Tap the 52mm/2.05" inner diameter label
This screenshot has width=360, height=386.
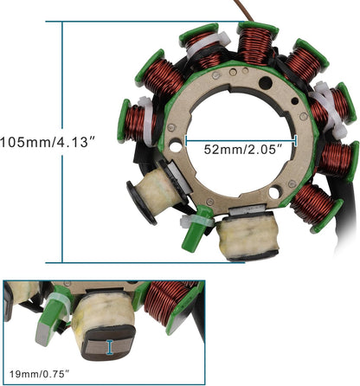pyautogui.click(x=241, y=149)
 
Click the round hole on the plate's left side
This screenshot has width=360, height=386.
pyautogui.click(x=177, y=147)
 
